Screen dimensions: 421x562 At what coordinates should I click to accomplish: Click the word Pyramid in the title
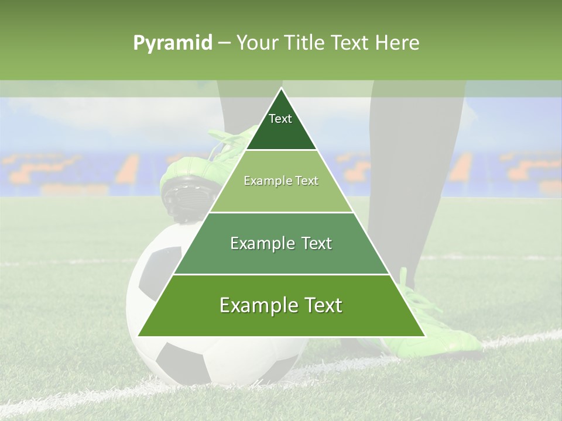pyautogui.click(x=172, y=43)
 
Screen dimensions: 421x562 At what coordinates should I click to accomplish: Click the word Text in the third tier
pyautogui.click(x=313, y=243)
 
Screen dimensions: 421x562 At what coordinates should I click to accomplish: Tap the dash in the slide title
pyautogui.click(x=224, y=43)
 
